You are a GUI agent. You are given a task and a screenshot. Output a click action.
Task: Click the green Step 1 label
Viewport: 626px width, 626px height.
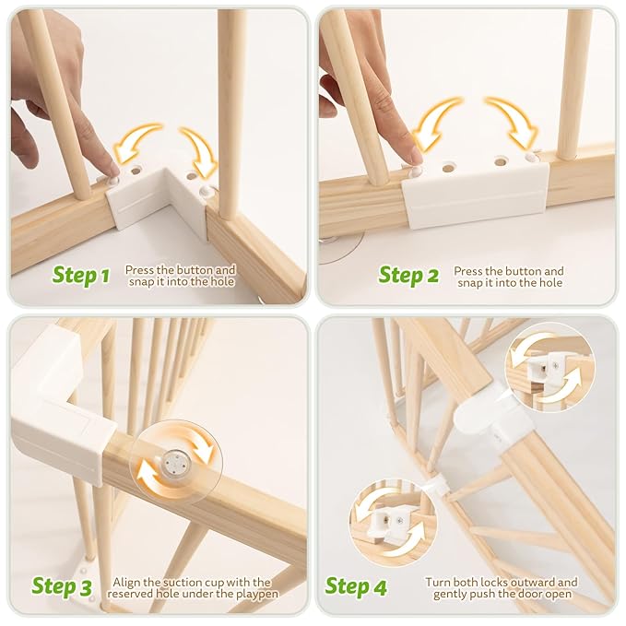(x=80, y=275)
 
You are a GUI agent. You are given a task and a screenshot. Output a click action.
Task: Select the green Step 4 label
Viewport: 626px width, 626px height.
(x=357, y=586)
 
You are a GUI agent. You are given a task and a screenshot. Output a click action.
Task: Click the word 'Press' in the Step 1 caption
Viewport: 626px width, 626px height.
(x=142, y=270)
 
